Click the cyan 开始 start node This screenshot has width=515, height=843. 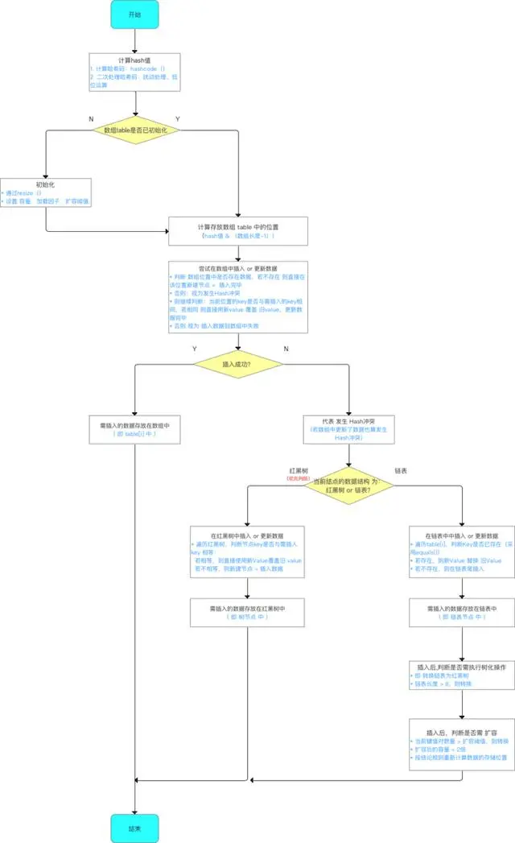pos(135,14)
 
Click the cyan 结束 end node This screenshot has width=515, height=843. pos(134,827)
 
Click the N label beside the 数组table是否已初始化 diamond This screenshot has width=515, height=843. pos(91,119)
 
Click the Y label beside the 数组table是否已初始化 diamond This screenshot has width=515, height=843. pos(177,119)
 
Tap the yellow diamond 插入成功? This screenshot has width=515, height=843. pos(237,364)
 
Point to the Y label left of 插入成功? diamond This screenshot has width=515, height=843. pos(194,349)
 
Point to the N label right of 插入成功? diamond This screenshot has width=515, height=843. pos(286,349)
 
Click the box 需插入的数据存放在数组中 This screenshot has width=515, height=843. pos(134,428)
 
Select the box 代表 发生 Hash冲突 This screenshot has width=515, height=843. pos(349,428)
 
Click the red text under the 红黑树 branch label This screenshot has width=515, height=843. pos(299,478)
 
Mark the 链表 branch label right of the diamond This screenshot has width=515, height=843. pos(400,470)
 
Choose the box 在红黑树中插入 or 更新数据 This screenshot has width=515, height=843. pos(247,551)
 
